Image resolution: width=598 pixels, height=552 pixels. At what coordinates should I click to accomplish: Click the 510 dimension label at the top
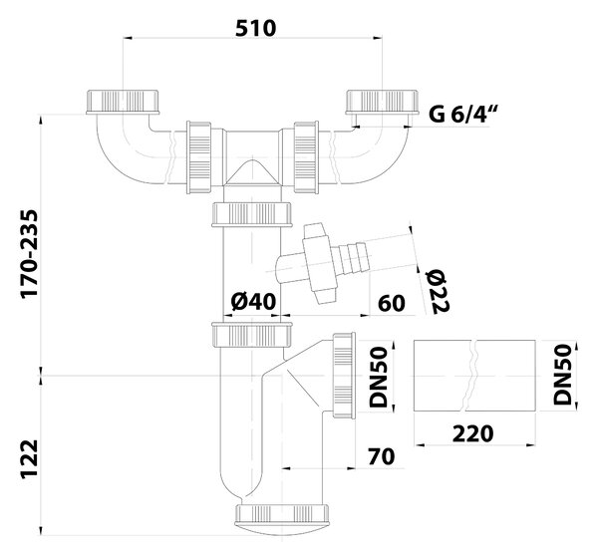(x=255, y=28)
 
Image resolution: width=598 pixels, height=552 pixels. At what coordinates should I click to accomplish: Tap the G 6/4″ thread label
(x=458, y=114)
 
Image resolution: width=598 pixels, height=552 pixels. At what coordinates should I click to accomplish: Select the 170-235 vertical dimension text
(x=30, y=254)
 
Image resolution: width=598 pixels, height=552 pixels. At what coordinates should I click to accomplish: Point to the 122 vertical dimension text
(x=30, y=458)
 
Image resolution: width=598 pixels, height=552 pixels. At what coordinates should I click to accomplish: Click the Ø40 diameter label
(x=253, y=302)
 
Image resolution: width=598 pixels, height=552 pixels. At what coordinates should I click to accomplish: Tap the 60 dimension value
(x=392, y=304)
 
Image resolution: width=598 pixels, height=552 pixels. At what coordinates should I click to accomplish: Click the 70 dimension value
(x=382, y=456)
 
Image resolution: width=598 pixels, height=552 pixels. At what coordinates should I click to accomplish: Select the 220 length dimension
(x=472, y=433)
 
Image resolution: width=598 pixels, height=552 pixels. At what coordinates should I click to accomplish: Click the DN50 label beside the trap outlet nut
(x=379, y=377)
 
